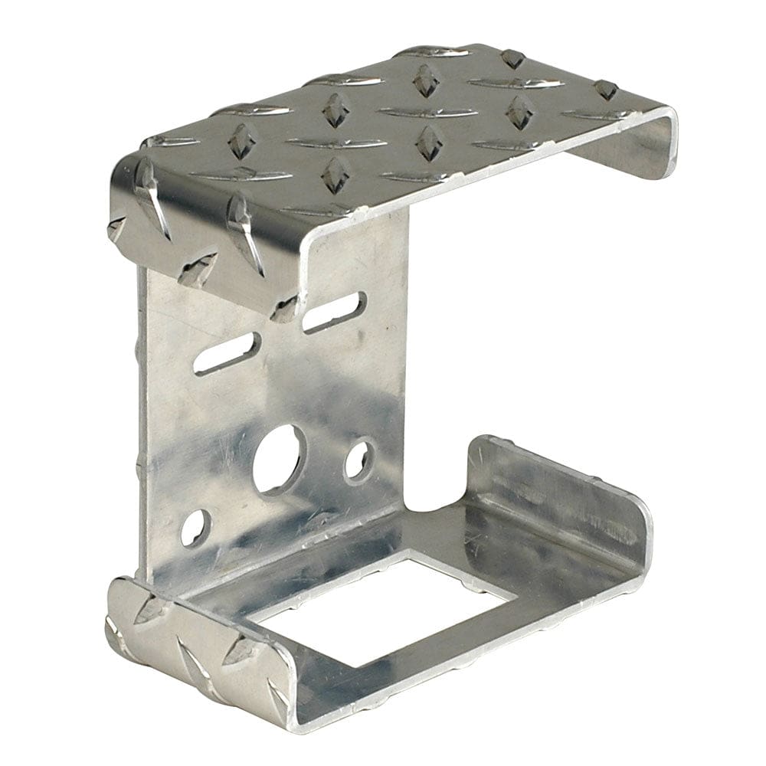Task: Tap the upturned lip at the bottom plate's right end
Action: tap(559, 498)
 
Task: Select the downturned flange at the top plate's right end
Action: tap(636, 149)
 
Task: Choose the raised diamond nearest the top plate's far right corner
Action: tap(605, 90)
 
